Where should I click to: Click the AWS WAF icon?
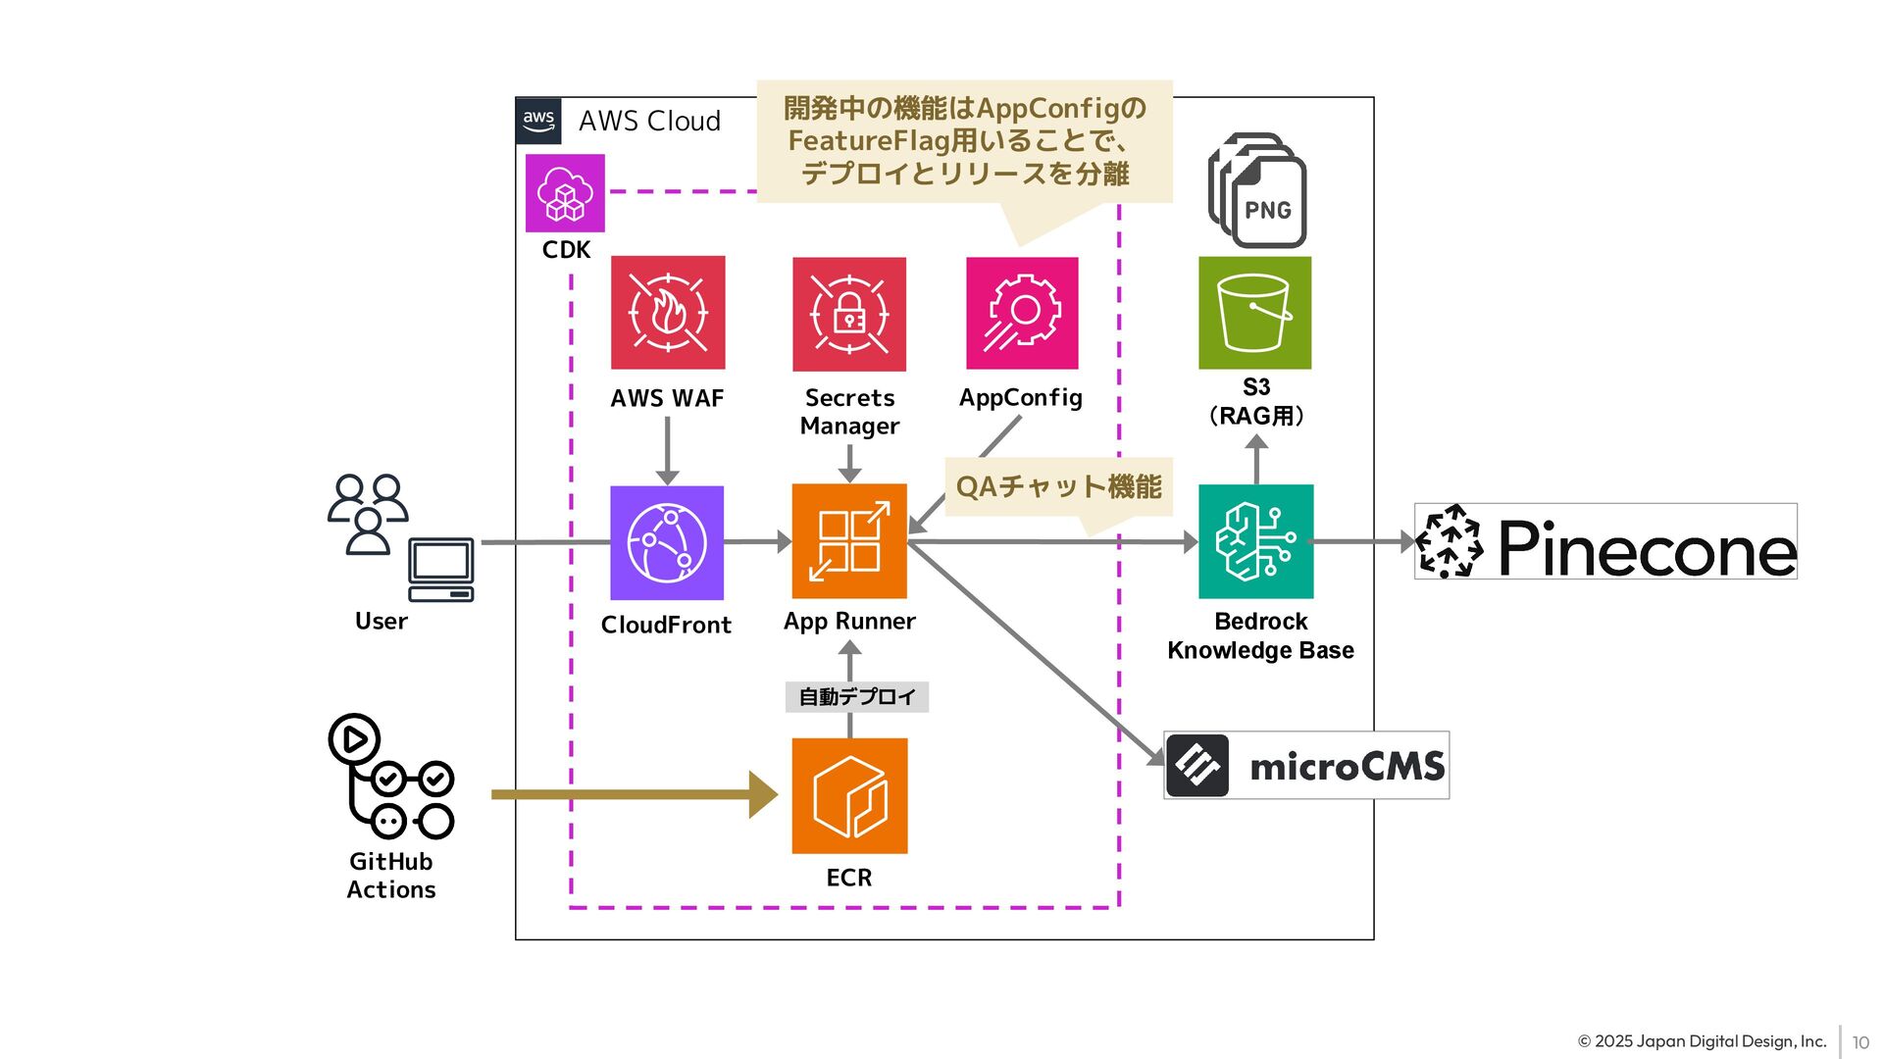668,313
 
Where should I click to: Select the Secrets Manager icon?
849,314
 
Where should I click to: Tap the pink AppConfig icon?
1022,313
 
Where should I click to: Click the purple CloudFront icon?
667,542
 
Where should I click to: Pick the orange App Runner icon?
849,541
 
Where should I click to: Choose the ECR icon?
849,795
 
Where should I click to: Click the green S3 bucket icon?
1254,313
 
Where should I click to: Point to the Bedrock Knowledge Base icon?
1255,541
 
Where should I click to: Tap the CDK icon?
565,193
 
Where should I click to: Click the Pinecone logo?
1605,541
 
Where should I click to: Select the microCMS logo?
1306,765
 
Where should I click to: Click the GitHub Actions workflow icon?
390,777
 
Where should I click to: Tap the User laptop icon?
441,569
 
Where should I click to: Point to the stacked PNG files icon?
1257,190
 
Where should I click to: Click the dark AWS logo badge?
538,121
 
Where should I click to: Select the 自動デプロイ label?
856,697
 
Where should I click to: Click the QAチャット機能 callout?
1058,486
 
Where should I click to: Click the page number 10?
1860,1042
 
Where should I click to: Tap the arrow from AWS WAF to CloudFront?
667,450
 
